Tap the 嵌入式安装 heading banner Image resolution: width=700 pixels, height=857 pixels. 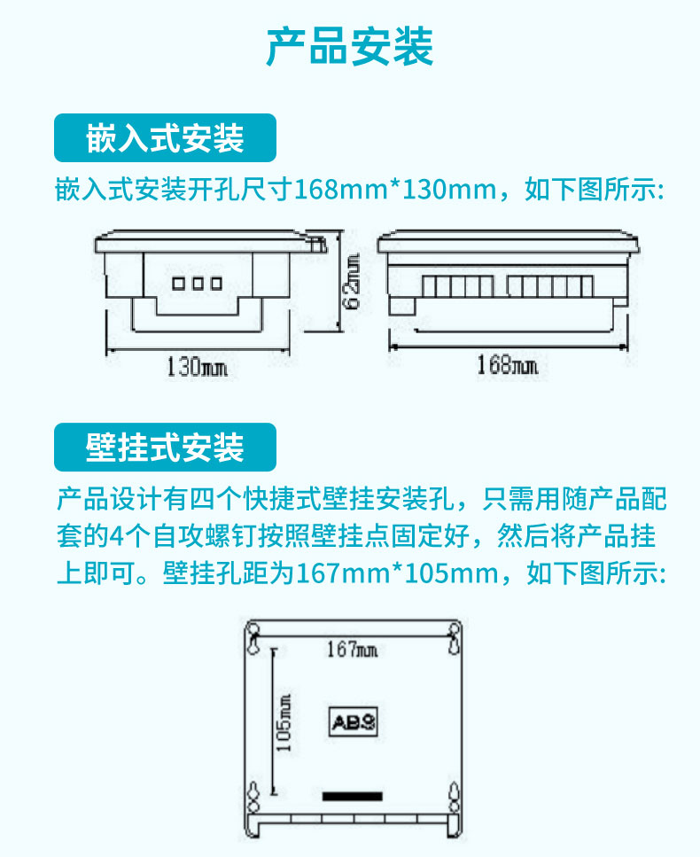click(165, 137)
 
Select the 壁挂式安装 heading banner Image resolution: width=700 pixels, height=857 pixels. click(165, 447)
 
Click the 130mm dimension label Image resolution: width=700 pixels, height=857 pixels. click(197, 367)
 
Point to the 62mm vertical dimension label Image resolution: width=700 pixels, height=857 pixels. click(353, 282)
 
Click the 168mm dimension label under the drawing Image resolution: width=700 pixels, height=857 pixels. click(507, 364)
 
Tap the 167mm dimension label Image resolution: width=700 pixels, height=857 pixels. click(352, 650)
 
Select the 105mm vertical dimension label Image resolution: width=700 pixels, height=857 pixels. click(284, 723)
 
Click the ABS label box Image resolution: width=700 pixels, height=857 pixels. click(354, 722)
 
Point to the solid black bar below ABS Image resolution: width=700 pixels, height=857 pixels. click(353, 797)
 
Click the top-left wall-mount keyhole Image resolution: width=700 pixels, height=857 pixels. click(253, 638)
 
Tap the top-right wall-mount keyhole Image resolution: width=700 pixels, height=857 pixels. click(454, 638)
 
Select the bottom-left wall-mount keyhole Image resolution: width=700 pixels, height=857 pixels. click(253, 798)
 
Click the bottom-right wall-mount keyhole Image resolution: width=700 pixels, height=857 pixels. click(454, 798)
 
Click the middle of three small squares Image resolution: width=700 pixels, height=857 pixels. click(198, 283)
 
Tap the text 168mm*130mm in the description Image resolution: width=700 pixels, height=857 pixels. click(395, 190)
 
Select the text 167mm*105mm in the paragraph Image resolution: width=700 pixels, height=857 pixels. click(397, 573)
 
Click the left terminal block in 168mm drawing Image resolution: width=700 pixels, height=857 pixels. click(457, 286)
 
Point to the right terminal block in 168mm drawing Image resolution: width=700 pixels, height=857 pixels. click(549, 286)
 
